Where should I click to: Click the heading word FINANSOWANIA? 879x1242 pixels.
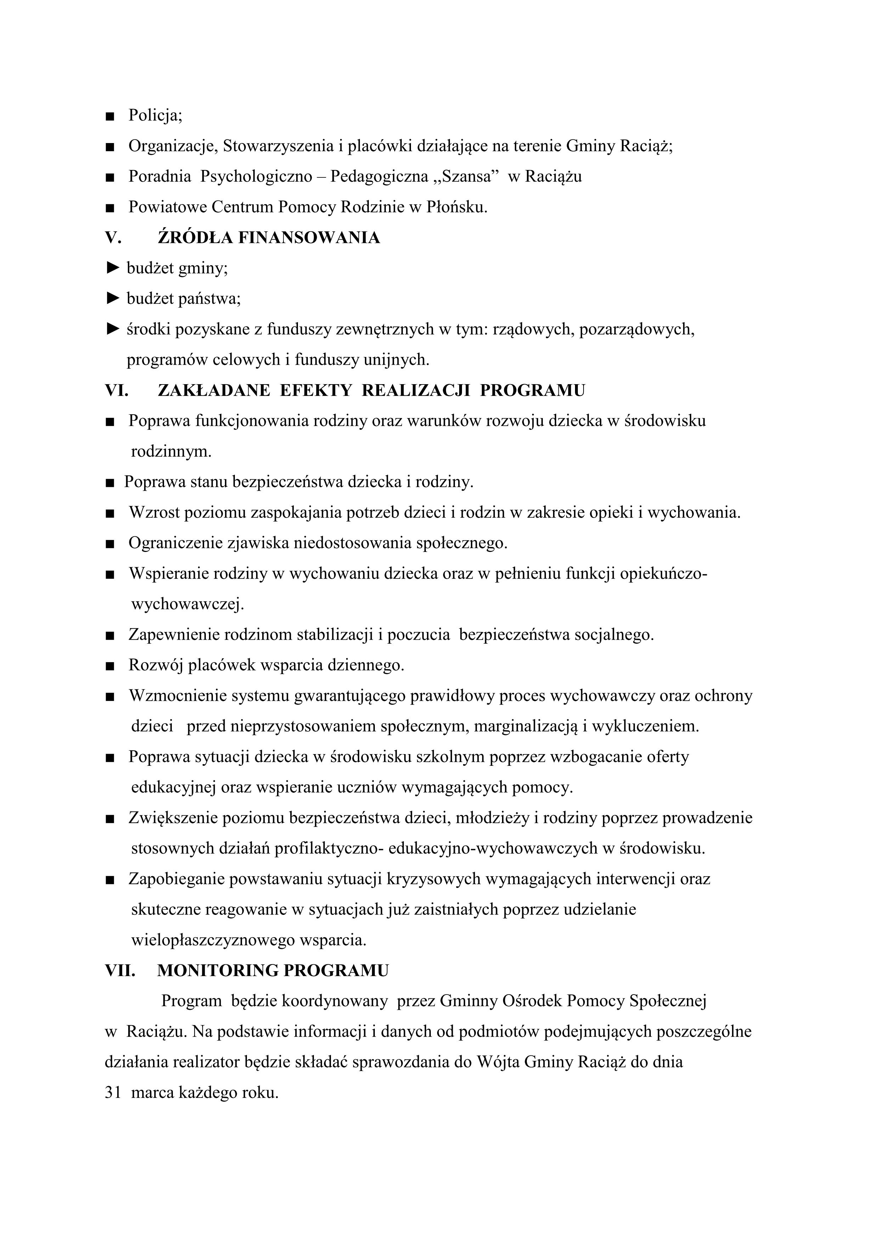point(309,238)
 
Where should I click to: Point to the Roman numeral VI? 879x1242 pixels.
point(116,391)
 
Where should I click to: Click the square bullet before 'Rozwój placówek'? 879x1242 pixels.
point(110,666)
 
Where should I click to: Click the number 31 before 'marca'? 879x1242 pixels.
point(113,1093)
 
